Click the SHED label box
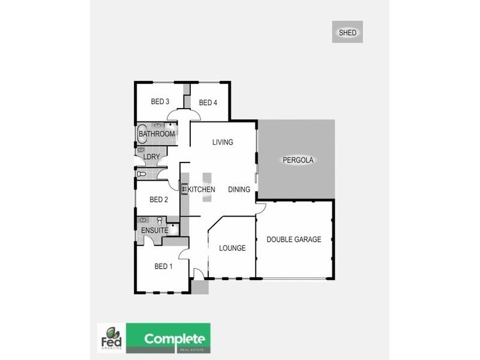click(347, 32)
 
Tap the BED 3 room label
click(158, 101)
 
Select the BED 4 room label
click(208, 103)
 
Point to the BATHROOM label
click(157, 134)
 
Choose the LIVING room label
click(222, 142)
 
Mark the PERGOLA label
click(298, 160)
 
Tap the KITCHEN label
click(202, 190)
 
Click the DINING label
click(239, 190)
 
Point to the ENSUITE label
click(154, 230)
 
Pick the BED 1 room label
click(163, 266)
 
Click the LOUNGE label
click(232, 248)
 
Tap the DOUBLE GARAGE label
click(294, 239)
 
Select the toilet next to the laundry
click(142, 174)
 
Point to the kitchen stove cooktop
click(184, 187)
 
